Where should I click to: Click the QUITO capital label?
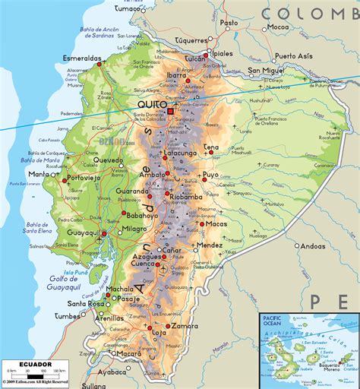pos(150,106)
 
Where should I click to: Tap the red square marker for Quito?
pos(170,112)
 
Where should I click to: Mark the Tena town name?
pos(211,147)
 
